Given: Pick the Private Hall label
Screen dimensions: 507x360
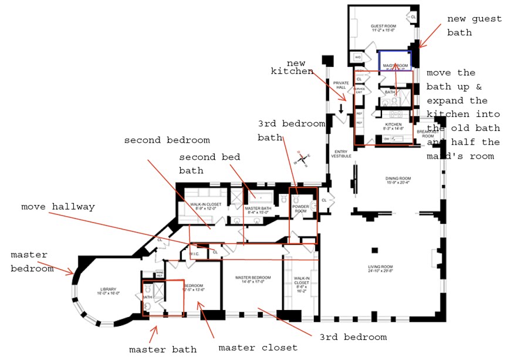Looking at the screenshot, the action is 341,86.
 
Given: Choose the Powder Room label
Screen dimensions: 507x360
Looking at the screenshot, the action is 301,208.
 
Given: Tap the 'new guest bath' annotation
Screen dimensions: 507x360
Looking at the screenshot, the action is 467,26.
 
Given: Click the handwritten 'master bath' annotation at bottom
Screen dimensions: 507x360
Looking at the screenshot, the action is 163,350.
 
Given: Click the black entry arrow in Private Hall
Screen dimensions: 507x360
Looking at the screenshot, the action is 341,107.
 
